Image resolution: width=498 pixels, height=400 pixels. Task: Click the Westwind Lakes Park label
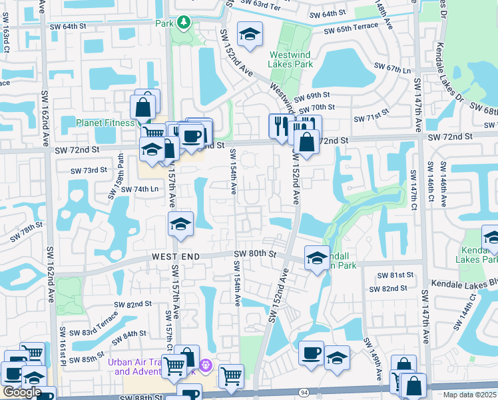coord(291,60)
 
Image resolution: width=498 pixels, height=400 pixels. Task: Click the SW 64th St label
coord(69,26)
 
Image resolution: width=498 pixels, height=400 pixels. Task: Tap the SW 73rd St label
coord(89,170)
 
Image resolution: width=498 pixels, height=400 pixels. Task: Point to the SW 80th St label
coord(255,253)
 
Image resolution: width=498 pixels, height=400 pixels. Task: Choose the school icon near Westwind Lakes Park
coord(250,35)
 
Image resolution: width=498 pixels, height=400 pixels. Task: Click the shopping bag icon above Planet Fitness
coord(143,105)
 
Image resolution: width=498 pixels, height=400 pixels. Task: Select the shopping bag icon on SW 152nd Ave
coord(306,141)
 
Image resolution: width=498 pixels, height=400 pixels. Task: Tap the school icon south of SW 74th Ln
coord(180,225)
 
